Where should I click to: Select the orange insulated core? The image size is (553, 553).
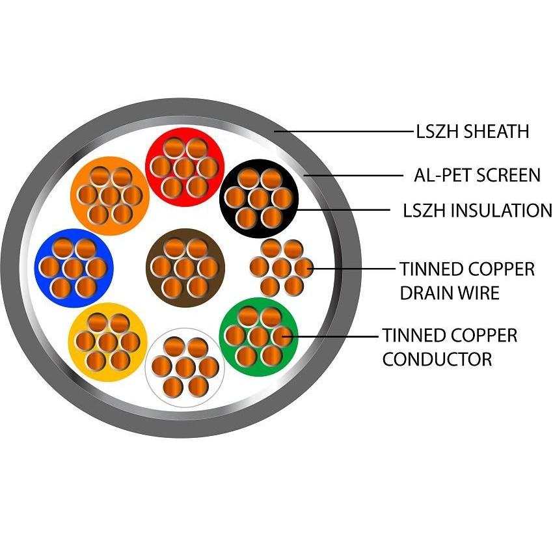pyautogui.click(x=109, y=195)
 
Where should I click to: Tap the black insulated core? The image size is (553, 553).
pyautogui.click(x=259, y=197)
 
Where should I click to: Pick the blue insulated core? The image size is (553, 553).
pyautogui.click(x=74, y=267)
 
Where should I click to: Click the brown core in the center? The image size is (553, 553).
pyautogui.click(x=185, y=267)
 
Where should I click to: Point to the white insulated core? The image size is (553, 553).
pyautogui.click(x=185, y=367)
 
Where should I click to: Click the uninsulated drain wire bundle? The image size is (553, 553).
pyautogui.click(x=281, y=267)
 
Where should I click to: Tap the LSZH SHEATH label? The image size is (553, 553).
pyautogui.click(x=472, y=131)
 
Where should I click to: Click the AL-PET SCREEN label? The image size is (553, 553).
pyautogui.click(x=477, y=175)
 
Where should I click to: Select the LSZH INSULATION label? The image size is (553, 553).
pyautogui.click(x=478, y=210)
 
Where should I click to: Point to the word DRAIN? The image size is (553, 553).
pyautogui.click(x=426, y=293)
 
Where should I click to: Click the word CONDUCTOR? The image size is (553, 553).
pyautogui.click(x=437, y=358)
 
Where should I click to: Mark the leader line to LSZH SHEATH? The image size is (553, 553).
pyautogui.click(x=345, y=131)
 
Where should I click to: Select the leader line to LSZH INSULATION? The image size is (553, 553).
pyautogui.click(x=345, y=209)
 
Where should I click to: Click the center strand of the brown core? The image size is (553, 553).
pyautogui.click(x=185, y=267)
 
